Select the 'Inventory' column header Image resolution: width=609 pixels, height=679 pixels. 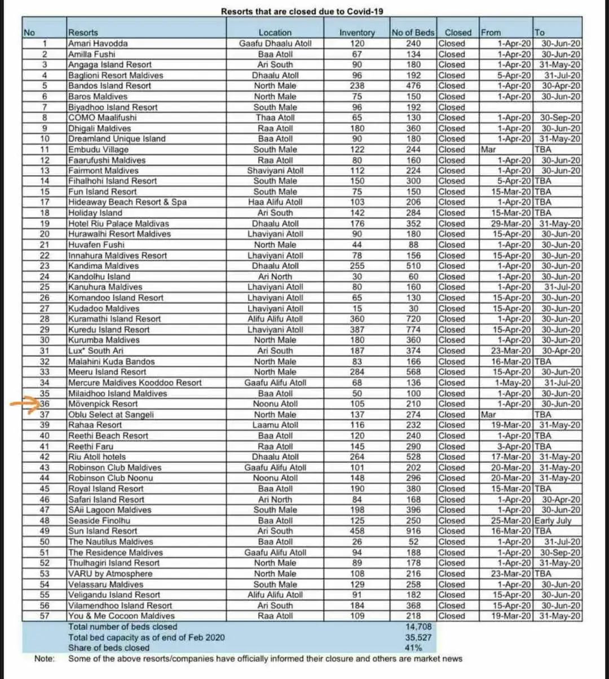click(356, 33)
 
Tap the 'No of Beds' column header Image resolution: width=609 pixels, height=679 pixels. click(413, 33)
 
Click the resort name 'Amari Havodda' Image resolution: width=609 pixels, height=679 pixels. click(98, 43)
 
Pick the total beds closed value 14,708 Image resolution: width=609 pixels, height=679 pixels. click(413, 627)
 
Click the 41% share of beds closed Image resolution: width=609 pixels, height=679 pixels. click(413, 648)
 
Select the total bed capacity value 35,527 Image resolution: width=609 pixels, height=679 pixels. click(413, 637)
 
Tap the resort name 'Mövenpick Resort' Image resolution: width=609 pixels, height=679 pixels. click(103, 404)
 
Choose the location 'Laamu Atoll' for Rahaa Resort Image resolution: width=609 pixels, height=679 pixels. click(275, 425)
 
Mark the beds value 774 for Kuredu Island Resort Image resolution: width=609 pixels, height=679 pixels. click(413, 330)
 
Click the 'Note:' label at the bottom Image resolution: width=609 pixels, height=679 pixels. click(45, 659)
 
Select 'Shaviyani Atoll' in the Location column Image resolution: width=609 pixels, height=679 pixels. click(275, 171)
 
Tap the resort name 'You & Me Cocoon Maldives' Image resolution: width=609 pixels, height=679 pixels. click(121, 616)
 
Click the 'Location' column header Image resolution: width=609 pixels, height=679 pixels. click(275, 33)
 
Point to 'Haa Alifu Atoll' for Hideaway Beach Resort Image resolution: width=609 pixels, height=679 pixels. click(275, 202)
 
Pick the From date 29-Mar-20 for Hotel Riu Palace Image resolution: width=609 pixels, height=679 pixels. click(511, 224)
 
